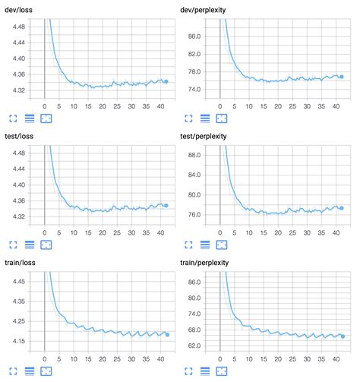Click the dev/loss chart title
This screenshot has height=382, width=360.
(x=21, y=8)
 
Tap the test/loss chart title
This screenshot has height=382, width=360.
(x=21, y=134)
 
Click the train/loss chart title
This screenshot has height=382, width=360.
(x=22, y=262)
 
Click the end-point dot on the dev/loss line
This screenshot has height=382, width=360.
(x=166, y=81)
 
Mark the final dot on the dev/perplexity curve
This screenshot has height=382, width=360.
(x=341, y=77)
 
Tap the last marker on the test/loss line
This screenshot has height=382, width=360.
(x=166, y=205)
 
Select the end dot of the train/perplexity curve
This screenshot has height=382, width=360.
(x=342, y=336)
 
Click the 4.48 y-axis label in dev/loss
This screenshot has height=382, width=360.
(x=16, y=26)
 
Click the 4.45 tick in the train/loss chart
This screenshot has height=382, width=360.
(x=16, y=281)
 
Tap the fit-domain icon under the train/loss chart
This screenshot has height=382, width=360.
(x=46, y=371)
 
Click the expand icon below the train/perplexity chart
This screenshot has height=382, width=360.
(x=189, y=371)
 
